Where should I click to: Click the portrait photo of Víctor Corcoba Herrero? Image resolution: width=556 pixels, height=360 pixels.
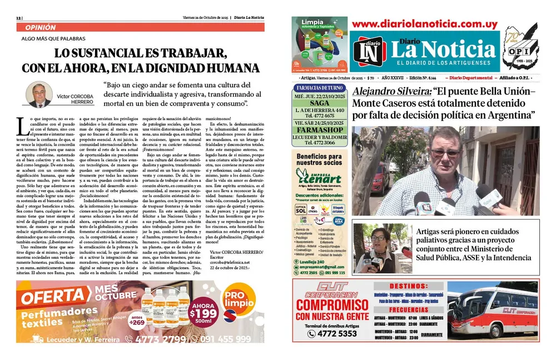point(39,95)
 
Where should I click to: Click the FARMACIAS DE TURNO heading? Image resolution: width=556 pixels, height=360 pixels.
point(320,88)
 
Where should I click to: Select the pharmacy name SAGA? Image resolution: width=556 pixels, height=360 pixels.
point(320,103)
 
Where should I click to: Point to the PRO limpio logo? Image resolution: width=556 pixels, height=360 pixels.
point(242,304)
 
